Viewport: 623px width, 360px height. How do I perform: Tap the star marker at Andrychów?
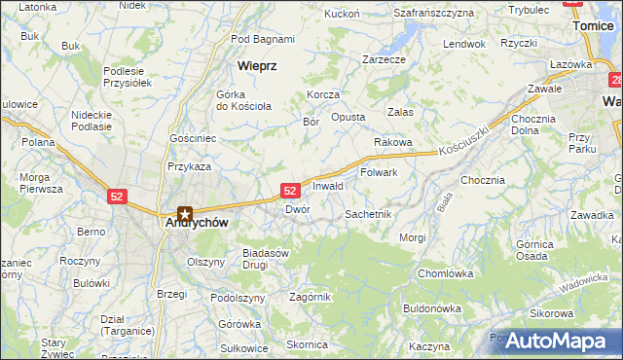185,213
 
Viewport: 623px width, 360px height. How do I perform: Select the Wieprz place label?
258,65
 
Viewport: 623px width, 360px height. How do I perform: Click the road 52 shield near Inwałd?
290,191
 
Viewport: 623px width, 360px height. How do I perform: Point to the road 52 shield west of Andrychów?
118,196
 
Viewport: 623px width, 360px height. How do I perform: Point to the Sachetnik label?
368,213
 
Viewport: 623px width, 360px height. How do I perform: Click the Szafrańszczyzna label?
433,13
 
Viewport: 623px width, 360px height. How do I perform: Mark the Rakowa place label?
393,142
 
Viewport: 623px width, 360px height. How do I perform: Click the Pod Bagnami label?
263,39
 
